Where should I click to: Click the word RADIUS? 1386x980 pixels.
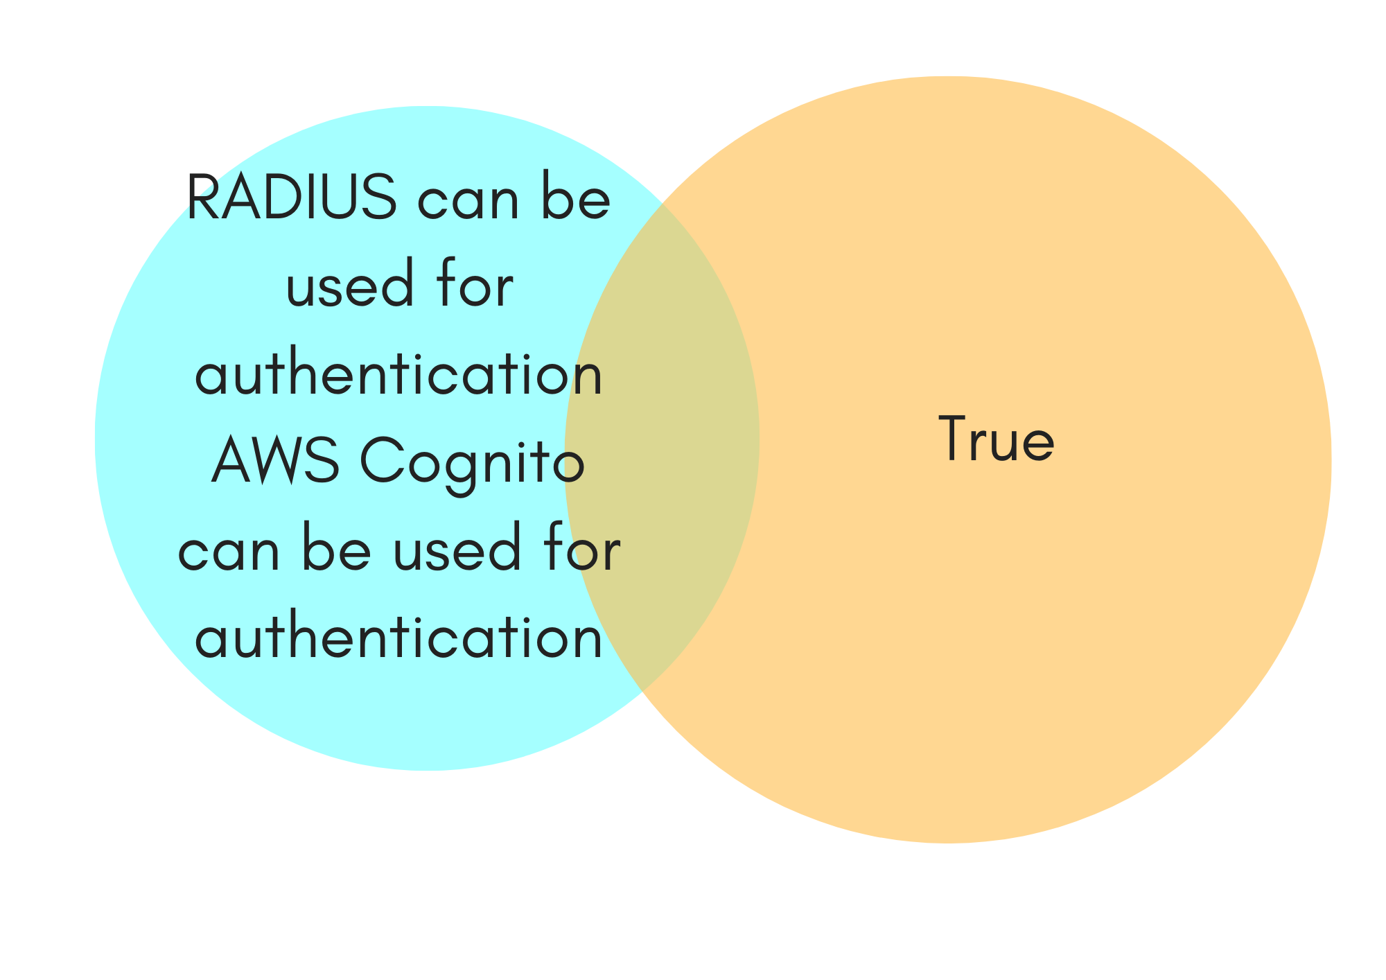292,198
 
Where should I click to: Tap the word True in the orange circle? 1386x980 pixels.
996,439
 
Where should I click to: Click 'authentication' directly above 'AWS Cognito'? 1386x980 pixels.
398,374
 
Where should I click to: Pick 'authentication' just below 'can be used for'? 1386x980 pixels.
398,638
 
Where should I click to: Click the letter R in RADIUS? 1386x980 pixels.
202,198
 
